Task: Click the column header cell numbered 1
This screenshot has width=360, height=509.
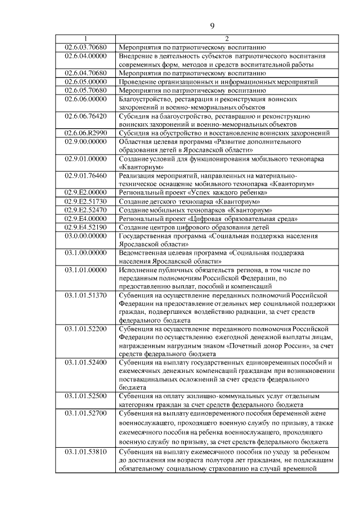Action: coord(86,39)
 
